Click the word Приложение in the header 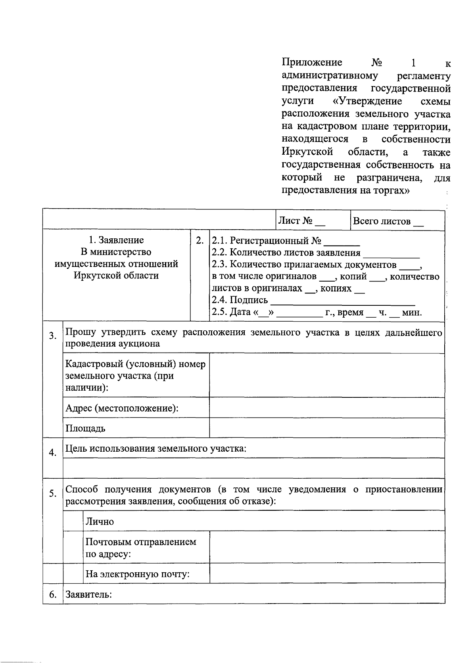tap(312, 63)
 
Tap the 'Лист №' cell tap(301, 221)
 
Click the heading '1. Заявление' tap(116, 240)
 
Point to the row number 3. tap(53, 336)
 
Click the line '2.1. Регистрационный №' tap(286, 241)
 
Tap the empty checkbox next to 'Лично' tap(73, 521)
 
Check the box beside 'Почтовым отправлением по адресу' tap(73, 547)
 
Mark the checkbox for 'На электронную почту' tap(73, 573)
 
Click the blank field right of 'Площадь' tap(326, 428)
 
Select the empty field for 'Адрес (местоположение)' tap(326, 408)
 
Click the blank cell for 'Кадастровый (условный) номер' tap(326, 375)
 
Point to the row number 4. tap(53, 452)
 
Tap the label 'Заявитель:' tap(89, 594)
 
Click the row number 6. tap(53, 594)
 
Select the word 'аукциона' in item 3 tap(141, 344)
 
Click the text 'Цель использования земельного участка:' tap(156, 449)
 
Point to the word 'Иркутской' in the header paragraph tap(307, 152)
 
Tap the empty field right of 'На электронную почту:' tap(326, 573)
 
